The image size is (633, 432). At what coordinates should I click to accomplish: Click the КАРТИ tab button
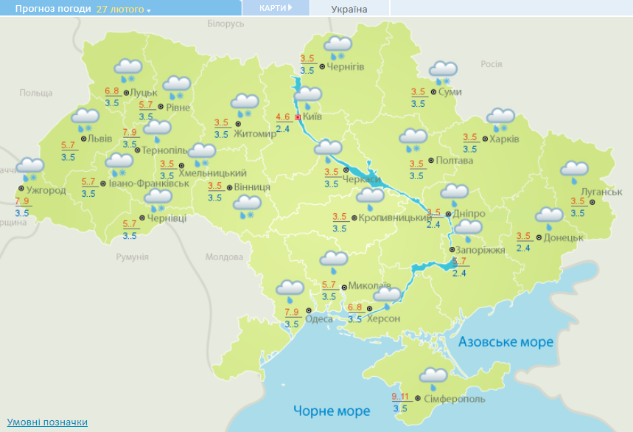click(x=276, y=8)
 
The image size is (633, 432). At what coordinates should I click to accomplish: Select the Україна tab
click(x=349, y=9)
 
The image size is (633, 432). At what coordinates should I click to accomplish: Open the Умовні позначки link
click(x=48, y=422)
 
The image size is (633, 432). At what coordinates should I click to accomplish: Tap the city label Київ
click(x=312, y=116)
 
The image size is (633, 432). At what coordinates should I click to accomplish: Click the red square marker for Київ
click(x=298, y=116)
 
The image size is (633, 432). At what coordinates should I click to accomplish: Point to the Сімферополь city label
click(x=455, y=398)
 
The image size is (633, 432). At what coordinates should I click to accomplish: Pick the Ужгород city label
click(x=46, y=190)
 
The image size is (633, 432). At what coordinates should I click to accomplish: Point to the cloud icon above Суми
click(x=444, y=71)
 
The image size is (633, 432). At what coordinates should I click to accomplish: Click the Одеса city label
click(x=318, y=318)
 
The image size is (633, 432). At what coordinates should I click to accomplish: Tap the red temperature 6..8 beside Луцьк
click(x=112, y=91)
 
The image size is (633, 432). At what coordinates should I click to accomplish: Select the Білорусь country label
click(x=225, y=24)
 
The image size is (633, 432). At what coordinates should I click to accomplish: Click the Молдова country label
click(x=223, y=257)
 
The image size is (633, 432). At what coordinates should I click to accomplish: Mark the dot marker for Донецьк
click(x=539, y=237)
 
